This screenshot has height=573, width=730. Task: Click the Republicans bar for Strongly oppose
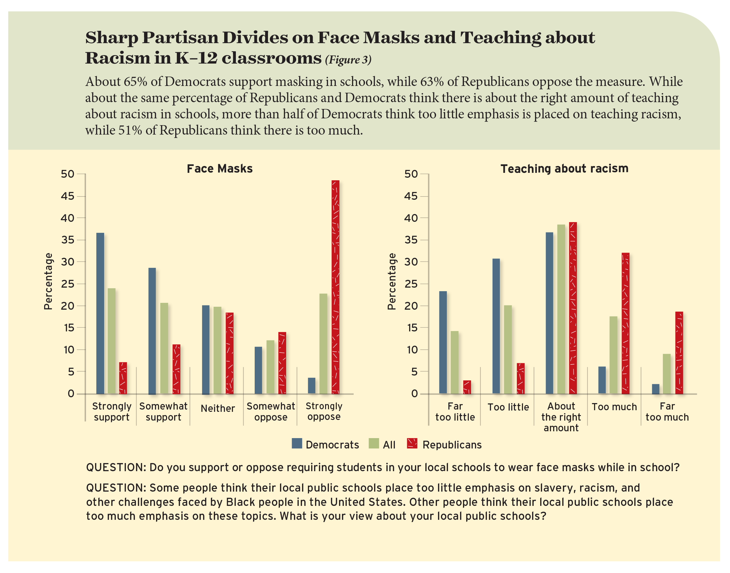[335, 287]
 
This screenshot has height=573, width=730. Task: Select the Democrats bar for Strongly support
[100, 313]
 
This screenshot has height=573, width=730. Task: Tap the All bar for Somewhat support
[164, 348]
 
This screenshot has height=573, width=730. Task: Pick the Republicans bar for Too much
[625, 323]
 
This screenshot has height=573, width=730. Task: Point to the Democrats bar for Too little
[496, 326]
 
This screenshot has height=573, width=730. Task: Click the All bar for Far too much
[666, 373]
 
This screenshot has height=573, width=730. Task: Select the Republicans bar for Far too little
[467, 387]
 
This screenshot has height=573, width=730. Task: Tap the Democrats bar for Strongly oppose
[311, 386]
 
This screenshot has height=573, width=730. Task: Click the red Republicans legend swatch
[412, 444]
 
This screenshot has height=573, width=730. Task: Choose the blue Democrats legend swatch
[297, 444]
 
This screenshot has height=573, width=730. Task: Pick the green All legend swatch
[373, 444]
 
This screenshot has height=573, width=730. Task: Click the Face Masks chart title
[220, 168]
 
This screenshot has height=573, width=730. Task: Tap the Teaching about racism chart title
[564, 168]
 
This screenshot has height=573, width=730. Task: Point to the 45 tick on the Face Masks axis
[67, 196]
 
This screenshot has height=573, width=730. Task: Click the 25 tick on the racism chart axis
[411, 284]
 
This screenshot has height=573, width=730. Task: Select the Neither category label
[217, 408]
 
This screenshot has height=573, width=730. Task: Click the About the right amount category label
[561, 417]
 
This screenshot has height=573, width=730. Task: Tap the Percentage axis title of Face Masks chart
[48, 281]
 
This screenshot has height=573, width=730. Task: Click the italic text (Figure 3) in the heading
[348, 60]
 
